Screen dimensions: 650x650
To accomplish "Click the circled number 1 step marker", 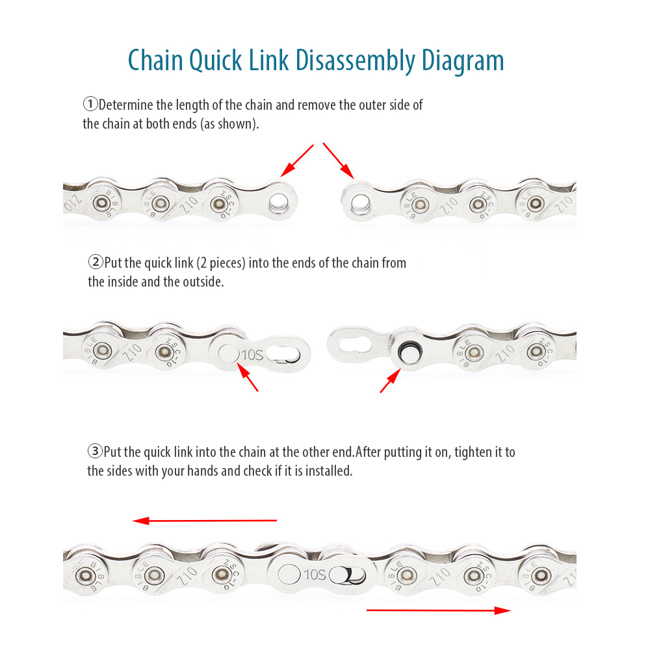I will click(90, 104).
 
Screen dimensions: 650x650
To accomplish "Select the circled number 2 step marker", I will click(95, 263).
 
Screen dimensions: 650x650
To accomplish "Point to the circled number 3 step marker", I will click(95, 451).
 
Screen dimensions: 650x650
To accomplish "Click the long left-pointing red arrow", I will click(205, 521).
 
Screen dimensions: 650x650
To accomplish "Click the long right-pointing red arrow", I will click(439, 610).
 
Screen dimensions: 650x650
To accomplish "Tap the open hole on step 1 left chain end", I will click(281, 200).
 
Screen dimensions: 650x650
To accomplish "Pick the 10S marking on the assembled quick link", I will click(314, 574).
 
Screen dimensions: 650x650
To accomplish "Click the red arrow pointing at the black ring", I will click(389, 381).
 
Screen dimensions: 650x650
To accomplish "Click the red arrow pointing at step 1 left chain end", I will click(297, 160).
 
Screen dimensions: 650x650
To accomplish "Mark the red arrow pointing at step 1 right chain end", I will click(338, 160).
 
